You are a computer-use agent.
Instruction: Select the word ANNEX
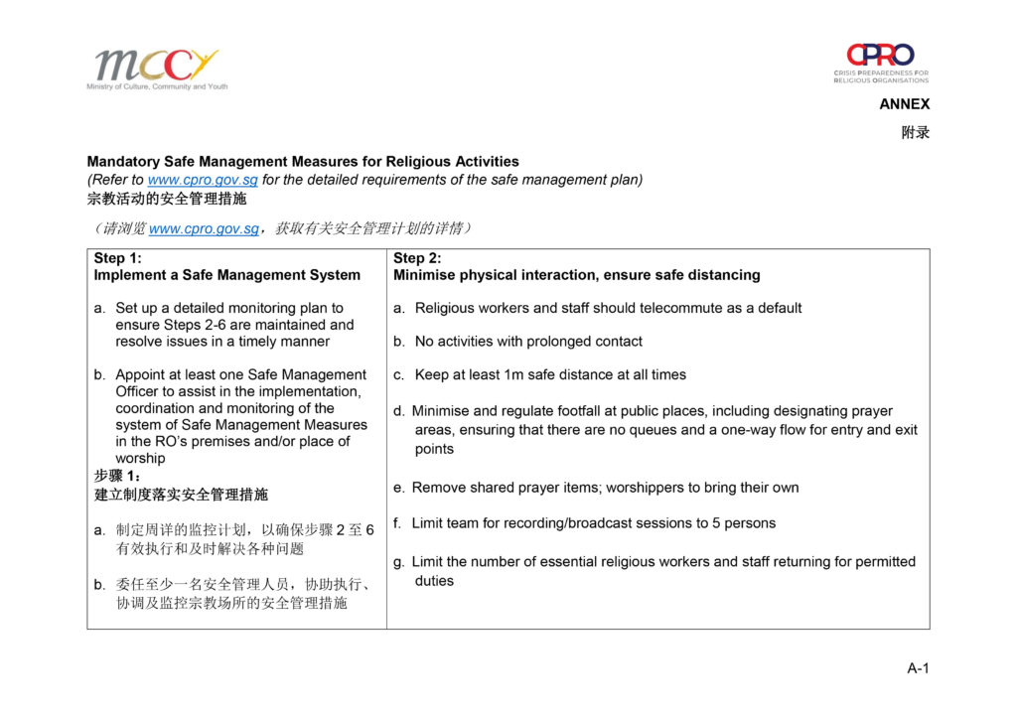[904, 104]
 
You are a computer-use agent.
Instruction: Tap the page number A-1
[918, 668]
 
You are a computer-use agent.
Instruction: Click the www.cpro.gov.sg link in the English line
[203, 180]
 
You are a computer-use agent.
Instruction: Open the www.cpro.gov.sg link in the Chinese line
[203, 228]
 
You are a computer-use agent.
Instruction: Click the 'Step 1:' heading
[118, 258]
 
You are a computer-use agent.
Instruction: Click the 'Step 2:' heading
[417, 258]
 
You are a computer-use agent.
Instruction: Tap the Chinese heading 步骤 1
[117, 476]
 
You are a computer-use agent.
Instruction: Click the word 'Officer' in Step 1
[141, 391]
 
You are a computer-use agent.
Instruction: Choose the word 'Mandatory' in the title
[124, 161]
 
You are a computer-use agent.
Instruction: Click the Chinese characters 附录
[915, 132]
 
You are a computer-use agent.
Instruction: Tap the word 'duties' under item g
[434, 581]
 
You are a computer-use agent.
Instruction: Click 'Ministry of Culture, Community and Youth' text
[157, 86]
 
